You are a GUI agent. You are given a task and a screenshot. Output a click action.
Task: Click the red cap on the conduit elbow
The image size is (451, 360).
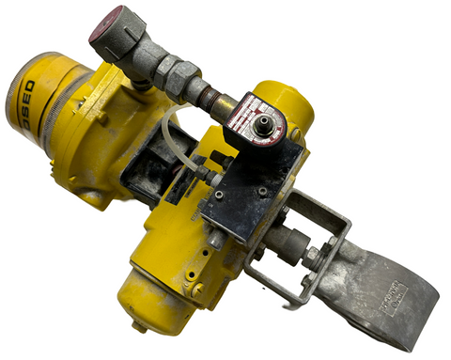pyautogui.click(x=111, y=23)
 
